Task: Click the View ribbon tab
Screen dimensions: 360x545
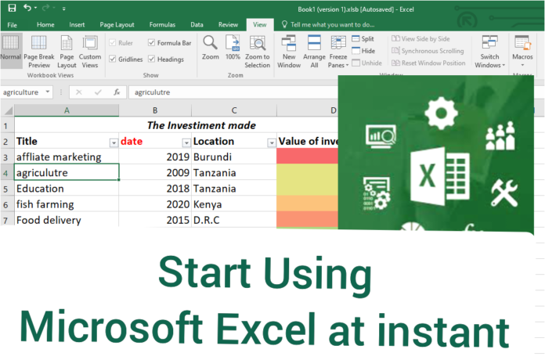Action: tap(259, 24)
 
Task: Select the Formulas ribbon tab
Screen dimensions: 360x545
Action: tap(162, 24)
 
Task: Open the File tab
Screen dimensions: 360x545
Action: tap(13, 24)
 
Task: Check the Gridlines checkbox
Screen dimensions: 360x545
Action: tap(114, 59)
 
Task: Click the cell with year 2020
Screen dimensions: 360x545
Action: tap(155, 204)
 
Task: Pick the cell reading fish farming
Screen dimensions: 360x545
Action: tap(67, 204)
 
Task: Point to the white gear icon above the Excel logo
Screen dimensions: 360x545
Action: tap(444, 109)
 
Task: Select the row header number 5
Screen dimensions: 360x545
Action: tap(7, 189)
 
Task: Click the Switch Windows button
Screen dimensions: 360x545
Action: tap(490, 52)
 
